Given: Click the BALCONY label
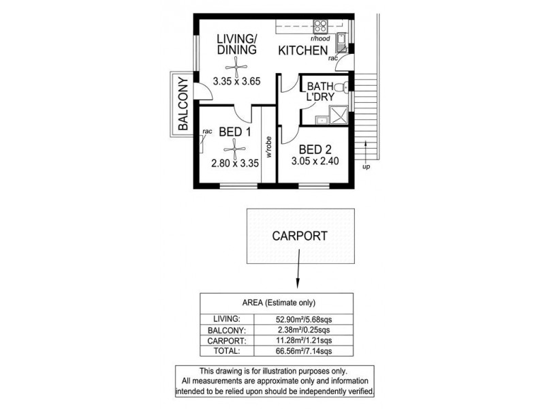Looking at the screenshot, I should pyautogui.click(x=183, y=104).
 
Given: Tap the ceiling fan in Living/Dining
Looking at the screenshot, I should pyautogui.click(x=236, y=65).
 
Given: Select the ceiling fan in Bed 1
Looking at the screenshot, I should pyautogui.click(x=234, y=147).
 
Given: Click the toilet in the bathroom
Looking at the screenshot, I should pyautogui.click(x=344, y=86).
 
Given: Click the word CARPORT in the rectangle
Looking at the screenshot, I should pyautogui.click(x=300, y=237).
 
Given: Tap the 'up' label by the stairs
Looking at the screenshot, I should pyautogui.click(x=367, y=167).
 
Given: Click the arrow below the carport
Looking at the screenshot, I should pyautogui.click(x=298, y=276).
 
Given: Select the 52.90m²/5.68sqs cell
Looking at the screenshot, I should pyautogui.click(x=305, y=318).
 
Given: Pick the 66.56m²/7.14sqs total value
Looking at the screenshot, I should pyautogui.click(x=305, y=351).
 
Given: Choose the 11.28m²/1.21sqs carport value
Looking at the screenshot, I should pyautogui.click(x=305, y=340).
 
